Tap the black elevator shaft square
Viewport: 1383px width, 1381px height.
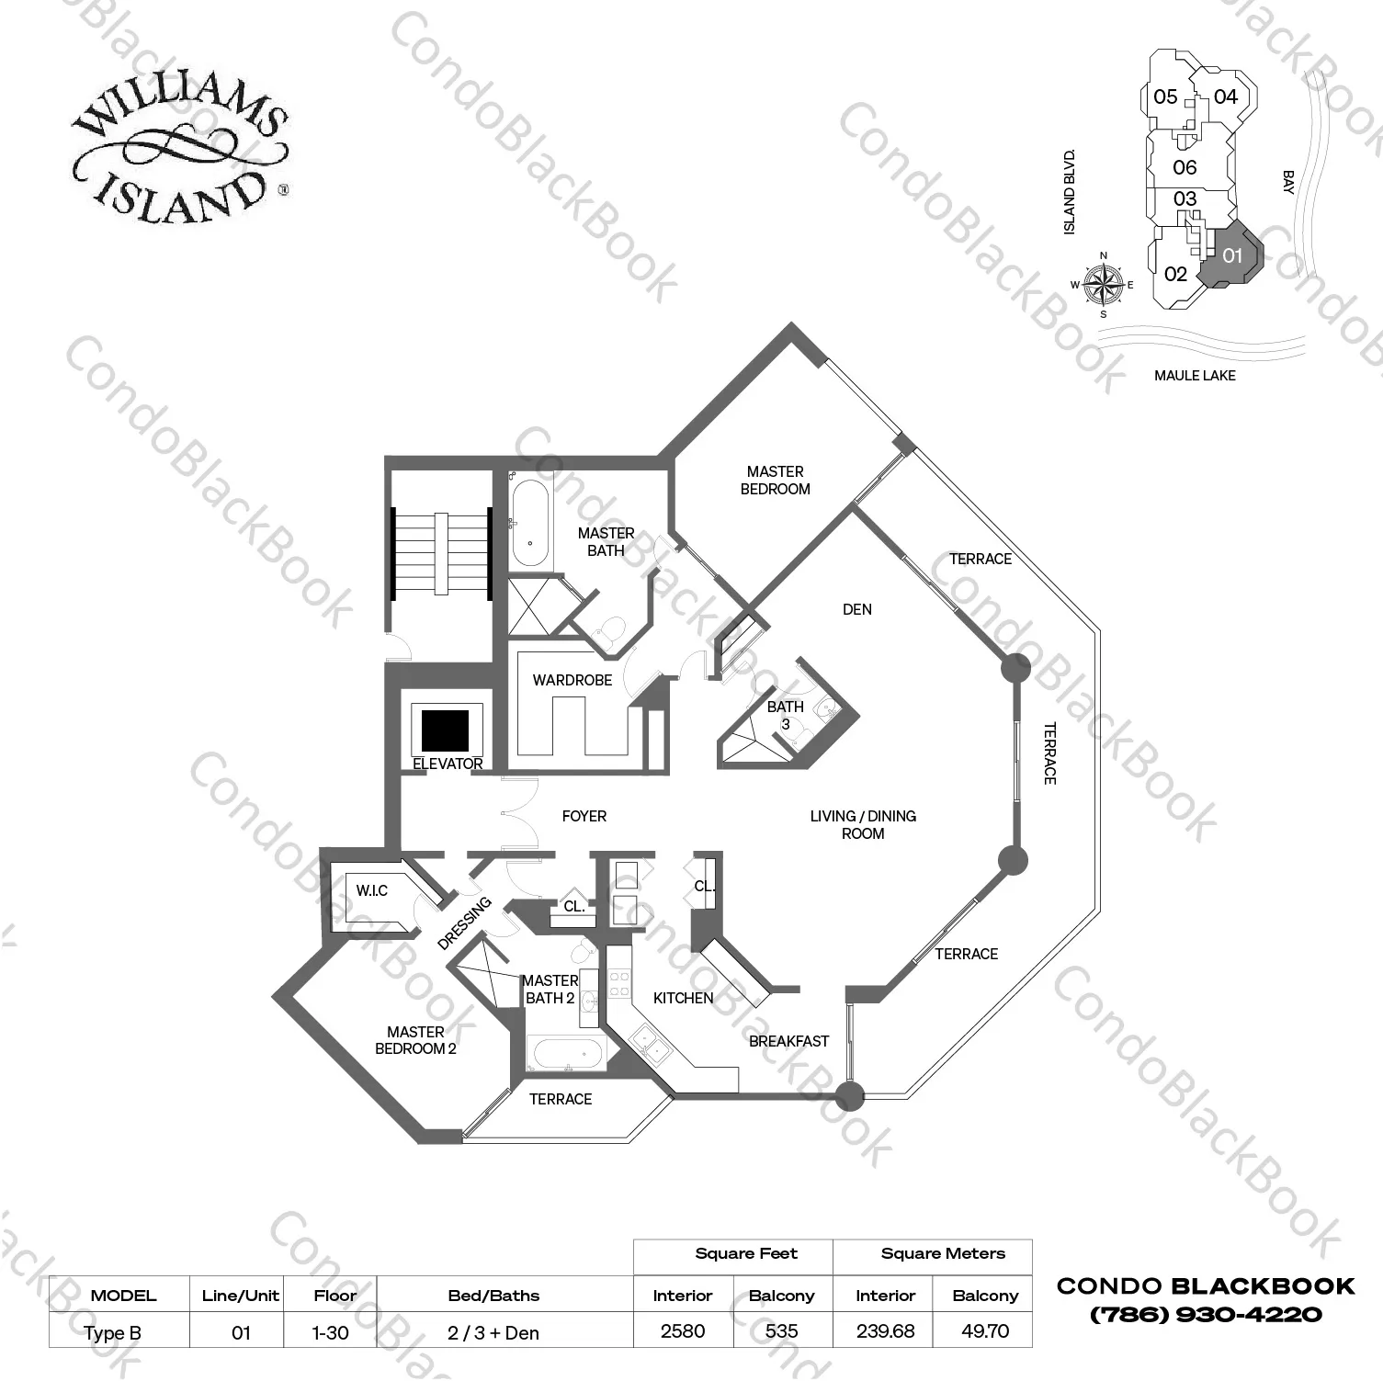[x=446, y=730]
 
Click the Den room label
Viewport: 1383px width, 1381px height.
[x=856, y=609]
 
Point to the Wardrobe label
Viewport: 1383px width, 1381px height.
[x=572, y=680]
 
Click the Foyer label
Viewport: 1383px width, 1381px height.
[x=584, y=816]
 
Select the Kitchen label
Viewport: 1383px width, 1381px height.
[x=683, y=998]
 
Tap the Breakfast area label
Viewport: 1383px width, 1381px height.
[x=788, y=1041]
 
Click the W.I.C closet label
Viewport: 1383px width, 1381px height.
[x=372, y=890]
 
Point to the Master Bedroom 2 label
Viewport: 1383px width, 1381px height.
[x=415, y=1040]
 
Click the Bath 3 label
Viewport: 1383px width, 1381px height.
[x=785, y=715]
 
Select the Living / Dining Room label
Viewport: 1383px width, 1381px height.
[x=863, y=824]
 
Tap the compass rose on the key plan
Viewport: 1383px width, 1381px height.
[x=1103, y=285]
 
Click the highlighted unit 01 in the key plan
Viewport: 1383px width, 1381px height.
[x=1233, y=255]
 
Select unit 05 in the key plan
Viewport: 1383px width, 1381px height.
[x=1165, y=96]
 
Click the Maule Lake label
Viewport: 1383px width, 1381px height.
[x=1195, y=375]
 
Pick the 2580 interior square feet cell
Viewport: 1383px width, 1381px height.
[x=683, y=1331]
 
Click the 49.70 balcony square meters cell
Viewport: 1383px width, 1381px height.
[x=985, y=1331]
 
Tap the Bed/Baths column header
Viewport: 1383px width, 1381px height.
[x=493, y=1296]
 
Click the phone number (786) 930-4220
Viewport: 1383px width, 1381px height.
[x=1206, y=1315]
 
